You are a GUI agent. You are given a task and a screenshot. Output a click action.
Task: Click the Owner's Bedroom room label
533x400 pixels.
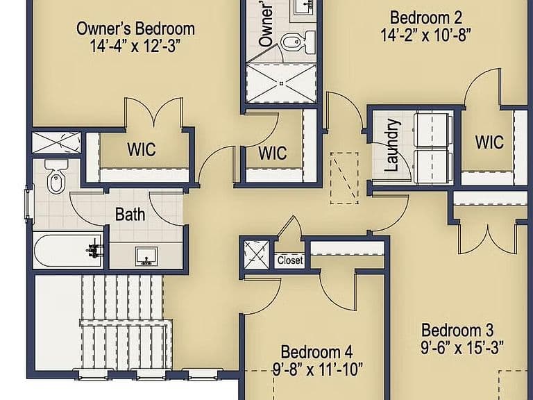pyautogui.click(x=135, y=28)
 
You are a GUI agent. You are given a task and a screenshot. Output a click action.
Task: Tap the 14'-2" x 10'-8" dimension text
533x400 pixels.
pyautogui.click(x=425, y=35)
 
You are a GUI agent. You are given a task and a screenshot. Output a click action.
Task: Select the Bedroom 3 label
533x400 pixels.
pyautogui.click(x=457, y=330)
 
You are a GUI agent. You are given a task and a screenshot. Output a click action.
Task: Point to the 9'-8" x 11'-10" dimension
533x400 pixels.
pyautogui.click(x=318, y=369)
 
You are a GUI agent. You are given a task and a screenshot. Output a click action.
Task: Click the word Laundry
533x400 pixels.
pyautogui.click(x=392, y=145)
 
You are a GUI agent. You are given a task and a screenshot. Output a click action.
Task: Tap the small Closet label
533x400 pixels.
pyautogui.click(x=290, y=260)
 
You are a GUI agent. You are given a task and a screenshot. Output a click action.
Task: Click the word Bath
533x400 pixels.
pyautogui.click(x=130, y=215)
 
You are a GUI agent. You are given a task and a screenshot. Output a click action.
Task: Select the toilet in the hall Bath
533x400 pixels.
pyautogui.click(x=56, y=177)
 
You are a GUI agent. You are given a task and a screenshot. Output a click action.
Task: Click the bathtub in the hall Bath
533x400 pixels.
pyautogui.click(x=67, y=250)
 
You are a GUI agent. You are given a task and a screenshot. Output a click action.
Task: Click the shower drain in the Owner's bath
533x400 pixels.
pyautogui.click(x=281, y=83)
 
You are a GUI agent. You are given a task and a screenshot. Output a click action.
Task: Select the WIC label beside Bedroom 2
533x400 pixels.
pyautogui.click(x=489, y=142)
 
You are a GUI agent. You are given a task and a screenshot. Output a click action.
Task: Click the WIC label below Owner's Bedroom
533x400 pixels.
pyautogui.click(x=142, y=149)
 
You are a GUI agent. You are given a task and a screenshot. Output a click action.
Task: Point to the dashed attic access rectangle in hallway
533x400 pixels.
pyautogui.click(x=344, y=178)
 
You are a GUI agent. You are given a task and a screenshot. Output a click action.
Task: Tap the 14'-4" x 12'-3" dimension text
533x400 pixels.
pyautogui.click(x=134, y=46)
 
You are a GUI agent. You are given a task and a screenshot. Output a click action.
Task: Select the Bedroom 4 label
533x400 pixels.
pyautogui.click(x=316, y=352)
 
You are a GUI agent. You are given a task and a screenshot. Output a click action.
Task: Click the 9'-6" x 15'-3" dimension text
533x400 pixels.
pyautogui.click(x=462, y=347)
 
